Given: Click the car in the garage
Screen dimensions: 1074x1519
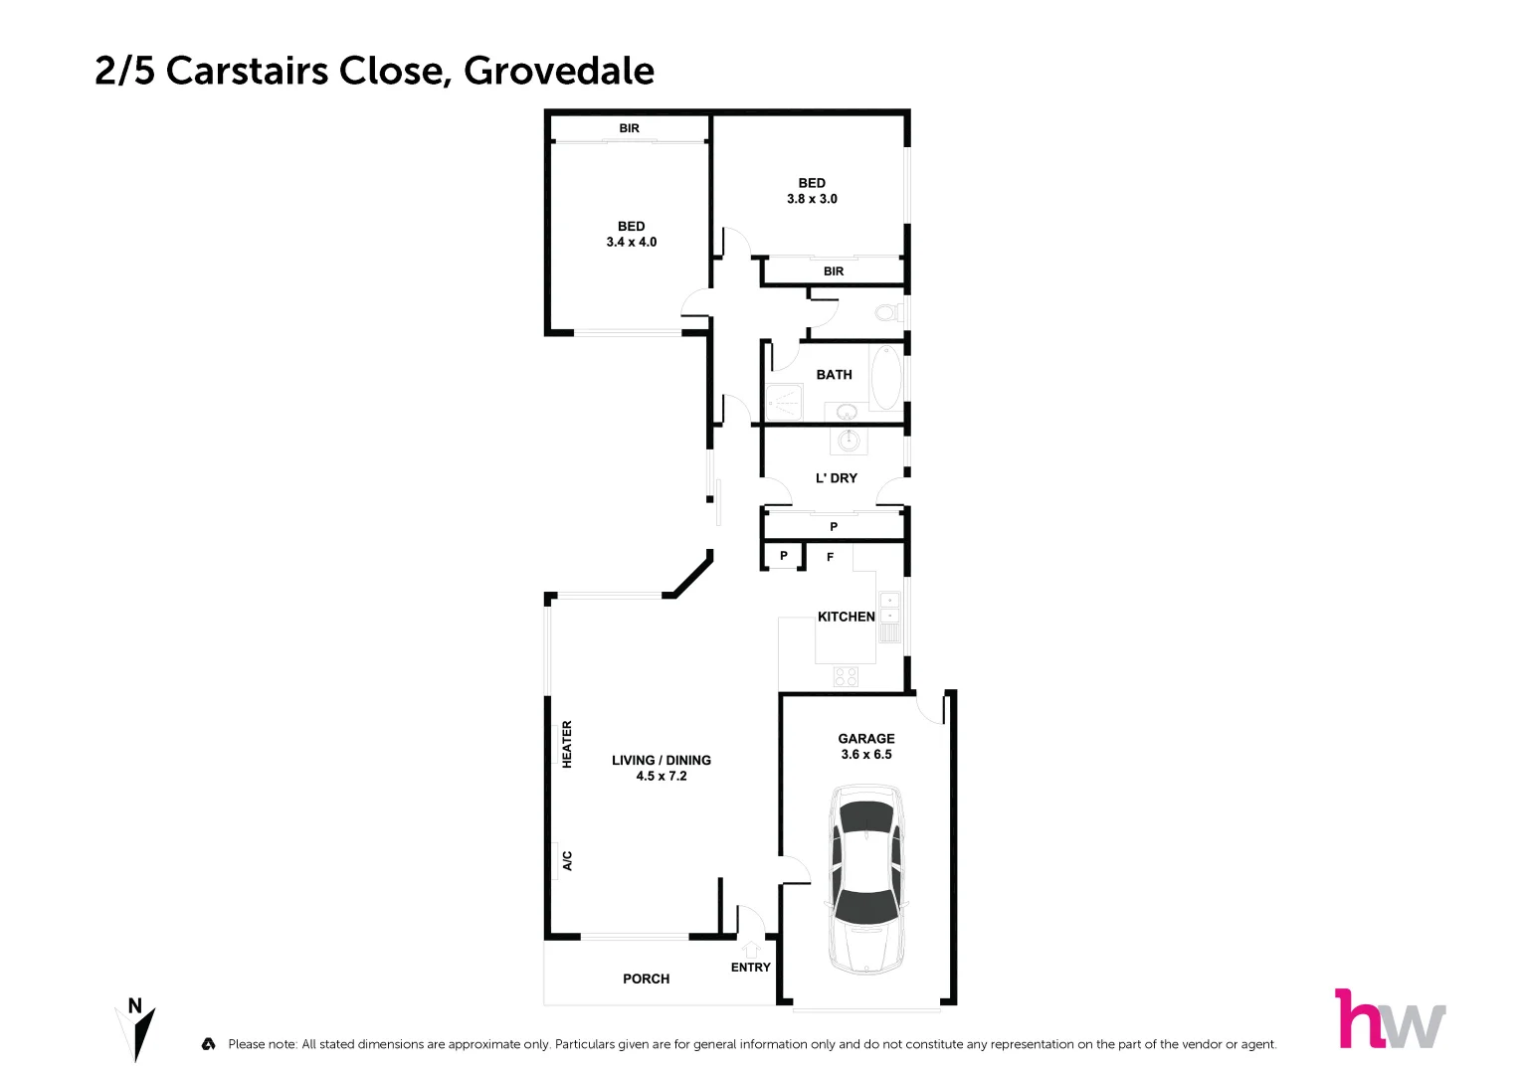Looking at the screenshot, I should pos(867,878).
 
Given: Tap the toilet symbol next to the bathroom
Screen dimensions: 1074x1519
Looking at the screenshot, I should pos(885,313).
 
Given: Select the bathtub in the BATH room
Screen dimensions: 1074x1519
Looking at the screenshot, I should pos(885,378).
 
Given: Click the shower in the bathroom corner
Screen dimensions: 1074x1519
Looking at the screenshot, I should pos(784,402).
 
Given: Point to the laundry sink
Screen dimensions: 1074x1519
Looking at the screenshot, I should pos(849,440).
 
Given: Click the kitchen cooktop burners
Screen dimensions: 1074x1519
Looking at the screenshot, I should pos(846,677).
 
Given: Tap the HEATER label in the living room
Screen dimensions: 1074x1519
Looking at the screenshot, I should pos(567,744).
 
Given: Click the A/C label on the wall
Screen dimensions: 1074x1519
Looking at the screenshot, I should pos(567,860).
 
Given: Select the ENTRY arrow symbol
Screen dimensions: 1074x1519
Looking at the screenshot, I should pos(752,950).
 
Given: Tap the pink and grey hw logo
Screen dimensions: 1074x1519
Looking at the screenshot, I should pos(1389,1019).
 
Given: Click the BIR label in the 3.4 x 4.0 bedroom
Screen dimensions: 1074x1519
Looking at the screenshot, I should pos(629,128).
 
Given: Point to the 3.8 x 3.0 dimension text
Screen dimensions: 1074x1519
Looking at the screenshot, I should pos(812,199).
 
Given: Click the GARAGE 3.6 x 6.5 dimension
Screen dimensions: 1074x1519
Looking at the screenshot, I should pos(866,755).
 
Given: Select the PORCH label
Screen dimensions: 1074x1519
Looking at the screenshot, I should pos(646,979).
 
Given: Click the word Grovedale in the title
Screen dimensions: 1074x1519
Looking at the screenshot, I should pos(559,71).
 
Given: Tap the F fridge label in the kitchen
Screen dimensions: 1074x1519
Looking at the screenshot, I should pos(830,558).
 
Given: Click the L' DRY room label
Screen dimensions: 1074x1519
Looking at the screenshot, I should pos(836,478).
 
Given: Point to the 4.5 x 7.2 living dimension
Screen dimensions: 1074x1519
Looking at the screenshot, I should pos(662,777).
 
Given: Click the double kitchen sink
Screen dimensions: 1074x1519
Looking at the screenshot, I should pos(889,608).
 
